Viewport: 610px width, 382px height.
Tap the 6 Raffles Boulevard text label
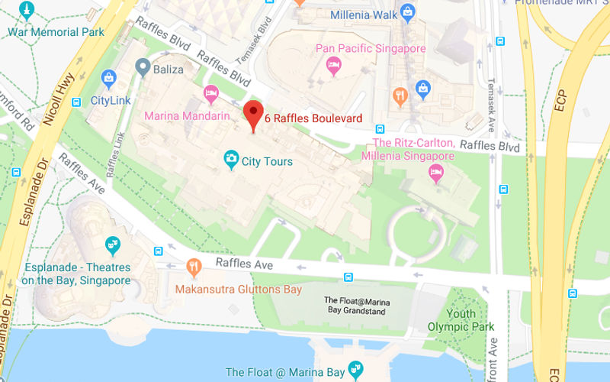click(x=313, y=118)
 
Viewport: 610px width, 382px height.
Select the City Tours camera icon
click(x=230, y=160)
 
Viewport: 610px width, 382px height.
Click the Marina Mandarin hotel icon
click(x=211, y=94)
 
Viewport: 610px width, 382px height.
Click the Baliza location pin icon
click(x=141, y=68)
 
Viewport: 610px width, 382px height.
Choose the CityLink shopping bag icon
click(x=108, y=78)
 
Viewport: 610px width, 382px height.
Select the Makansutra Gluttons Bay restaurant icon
click(x=194, y=267)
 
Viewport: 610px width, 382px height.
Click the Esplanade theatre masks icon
click(x=113, y=245)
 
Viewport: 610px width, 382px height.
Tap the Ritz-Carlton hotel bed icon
click(x=435, y=172)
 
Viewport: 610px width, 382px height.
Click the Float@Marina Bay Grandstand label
click(x=357, y=306)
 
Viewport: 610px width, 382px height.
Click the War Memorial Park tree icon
click(x=27, y=11)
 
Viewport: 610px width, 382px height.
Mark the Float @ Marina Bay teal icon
click(x=355, y=371)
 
